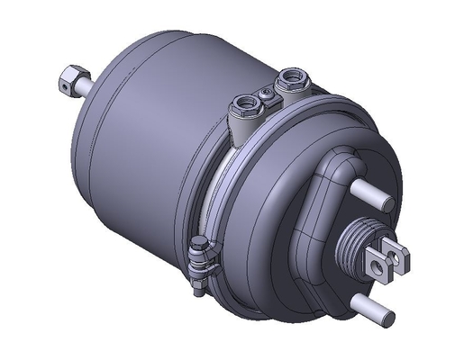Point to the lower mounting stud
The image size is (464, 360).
click(x=371, y=306)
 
